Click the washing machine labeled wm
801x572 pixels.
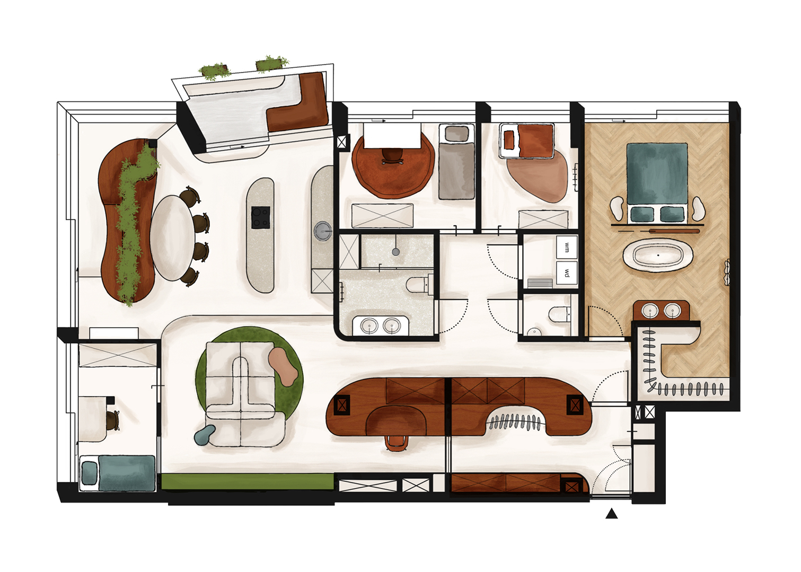tap(566, 247)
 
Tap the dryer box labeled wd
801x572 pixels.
tap(566, 273)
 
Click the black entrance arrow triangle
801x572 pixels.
tap(611, 514)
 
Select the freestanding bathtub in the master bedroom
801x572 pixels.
tap(658, 256)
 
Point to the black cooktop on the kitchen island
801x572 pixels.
tap(260, 217)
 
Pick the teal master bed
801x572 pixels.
tap(657, 183)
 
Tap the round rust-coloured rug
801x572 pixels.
tap(393, 164)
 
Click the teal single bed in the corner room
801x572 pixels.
tap(117, 473)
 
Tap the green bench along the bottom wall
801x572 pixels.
tap(248, 481)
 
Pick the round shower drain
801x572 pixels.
tap(396, 252)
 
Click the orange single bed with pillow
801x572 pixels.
tap(527, 140)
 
